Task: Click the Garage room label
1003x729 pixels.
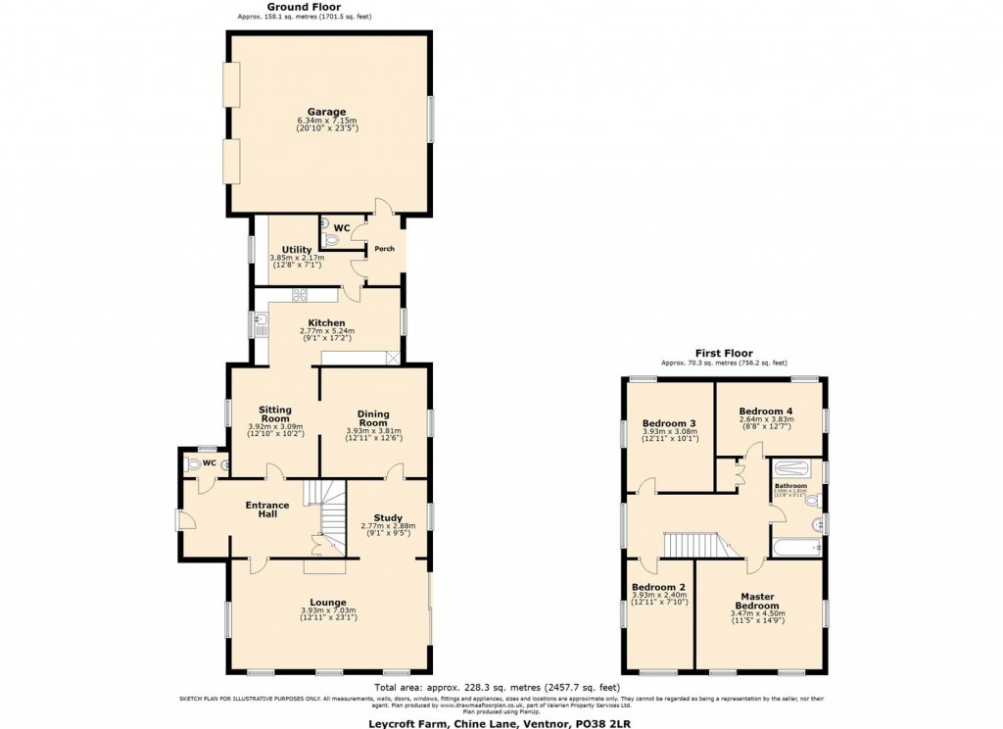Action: [328, 112]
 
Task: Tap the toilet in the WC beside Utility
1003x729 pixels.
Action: [330, 237]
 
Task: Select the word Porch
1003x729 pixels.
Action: [385, 249]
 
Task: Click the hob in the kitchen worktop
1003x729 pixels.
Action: [299, 294]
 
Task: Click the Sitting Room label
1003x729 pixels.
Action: [275, 413]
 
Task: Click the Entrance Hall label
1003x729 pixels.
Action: [266, 510]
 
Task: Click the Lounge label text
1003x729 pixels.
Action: [328, 603]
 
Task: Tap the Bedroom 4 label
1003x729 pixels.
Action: [766, 411]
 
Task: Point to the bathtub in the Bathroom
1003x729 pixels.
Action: [796, 546]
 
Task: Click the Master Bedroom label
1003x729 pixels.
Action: [758, 601]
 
